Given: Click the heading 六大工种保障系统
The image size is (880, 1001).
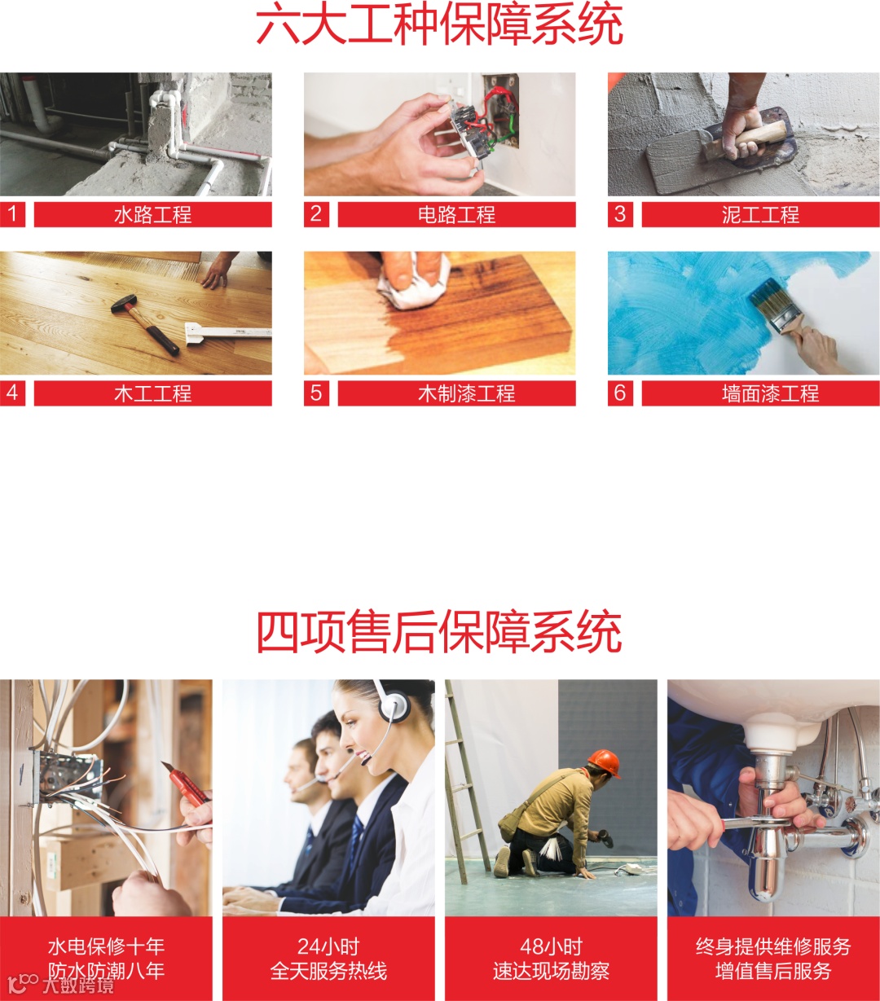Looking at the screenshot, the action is point(439,24).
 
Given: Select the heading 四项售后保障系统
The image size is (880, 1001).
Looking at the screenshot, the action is point(439,632).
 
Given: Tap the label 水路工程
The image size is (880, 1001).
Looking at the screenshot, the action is point(152,215).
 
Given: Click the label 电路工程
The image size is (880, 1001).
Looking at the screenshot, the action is point(457,215).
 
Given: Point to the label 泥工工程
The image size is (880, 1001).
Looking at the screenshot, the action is point(760,215).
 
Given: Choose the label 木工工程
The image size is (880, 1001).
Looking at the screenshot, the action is point(152,393).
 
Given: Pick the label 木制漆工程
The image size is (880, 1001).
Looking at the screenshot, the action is point(467,393).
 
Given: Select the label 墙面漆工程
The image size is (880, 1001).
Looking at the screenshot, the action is point(770,393).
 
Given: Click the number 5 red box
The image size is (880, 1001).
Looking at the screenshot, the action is point(316,393).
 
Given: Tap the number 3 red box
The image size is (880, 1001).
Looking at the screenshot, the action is point(620,214).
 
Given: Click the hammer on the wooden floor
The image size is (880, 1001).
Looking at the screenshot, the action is point(145,323).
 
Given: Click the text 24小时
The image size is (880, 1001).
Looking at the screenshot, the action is point(328,946).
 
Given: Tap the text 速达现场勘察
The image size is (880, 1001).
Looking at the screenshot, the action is point(551,971).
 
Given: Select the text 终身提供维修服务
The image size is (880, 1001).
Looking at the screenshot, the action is point(773,946).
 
